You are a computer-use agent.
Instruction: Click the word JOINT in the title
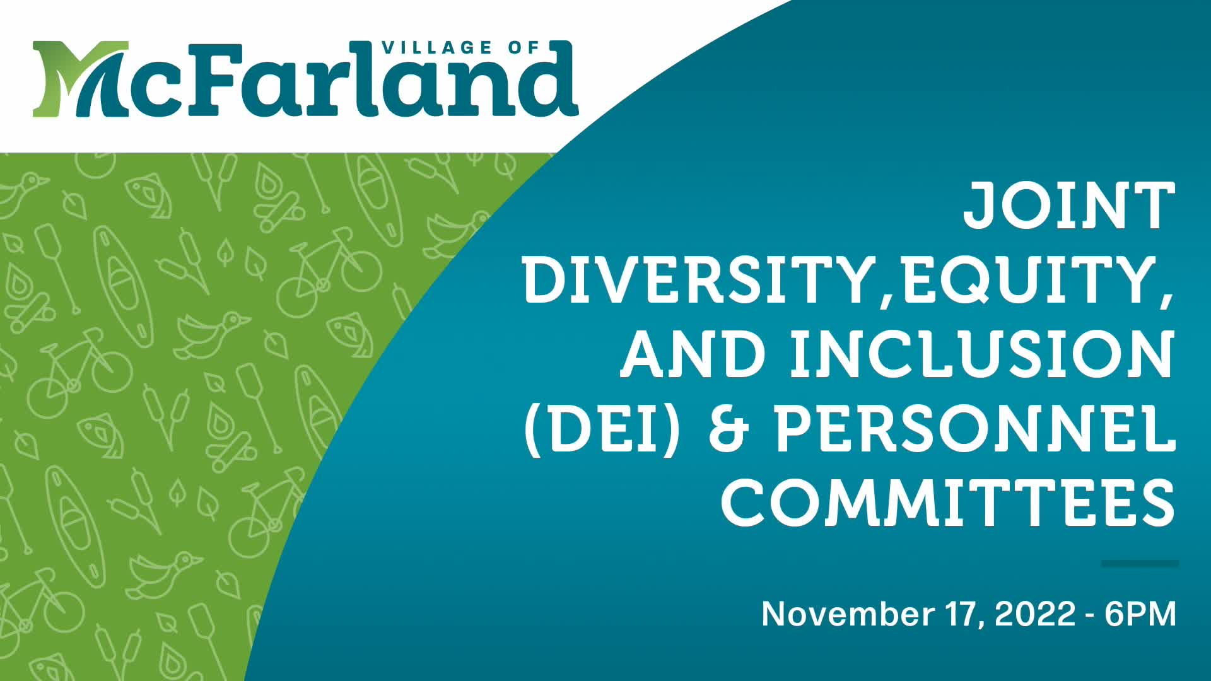[1068, 206]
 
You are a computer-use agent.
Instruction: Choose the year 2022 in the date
[1035, 614]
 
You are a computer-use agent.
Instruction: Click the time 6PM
[1140, 614]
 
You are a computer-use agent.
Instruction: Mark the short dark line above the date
[1140, 563]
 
